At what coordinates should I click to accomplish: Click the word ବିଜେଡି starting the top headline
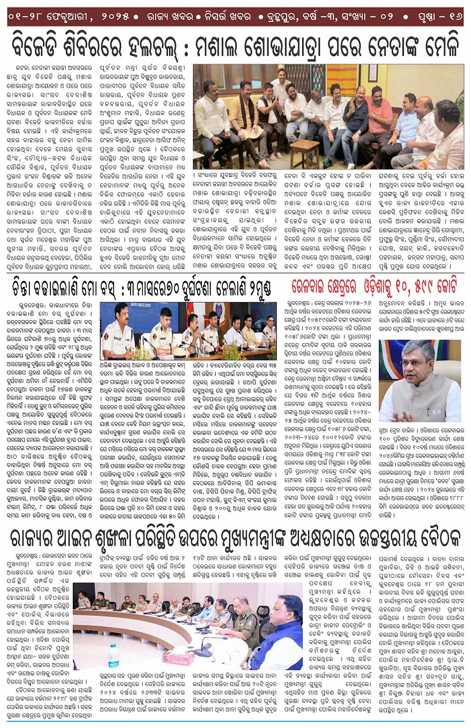[43, 46]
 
